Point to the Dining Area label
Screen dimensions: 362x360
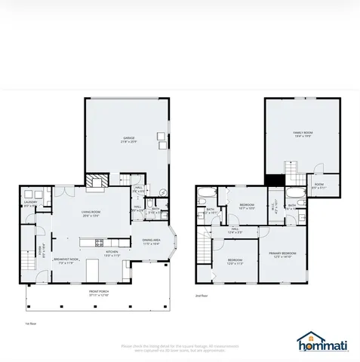click(x=152, y=242)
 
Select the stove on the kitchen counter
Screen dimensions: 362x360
click(x=99, y=242)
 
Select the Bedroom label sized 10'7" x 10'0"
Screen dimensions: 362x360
click(x=247, y=207)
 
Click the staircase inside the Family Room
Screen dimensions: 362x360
click(x=291, y=170)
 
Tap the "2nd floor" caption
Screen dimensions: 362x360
click(x=202, y=296)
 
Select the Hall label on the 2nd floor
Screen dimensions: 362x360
click(x=235, y=231)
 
